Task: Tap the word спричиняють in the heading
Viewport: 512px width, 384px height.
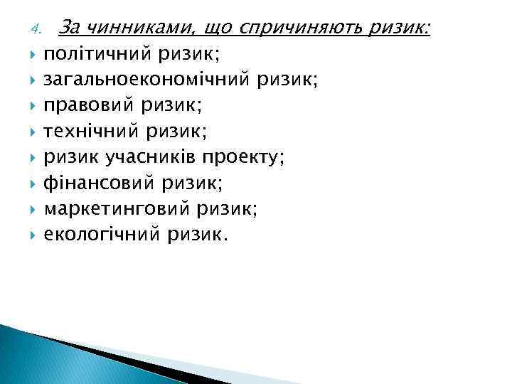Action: click(304, 28)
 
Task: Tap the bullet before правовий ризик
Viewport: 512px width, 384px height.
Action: click(33, 106)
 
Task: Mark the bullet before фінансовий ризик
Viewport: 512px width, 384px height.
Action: click(33, 183)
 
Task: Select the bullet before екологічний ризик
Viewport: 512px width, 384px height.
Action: click(33, 235)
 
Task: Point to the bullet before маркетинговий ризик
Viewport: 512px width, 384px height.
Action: click(33, 209)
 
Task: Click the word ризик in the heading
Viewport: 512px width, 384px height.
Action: click(402, 28)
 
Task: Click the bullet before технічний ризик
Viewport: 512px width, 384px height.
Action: click(33, 132)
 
